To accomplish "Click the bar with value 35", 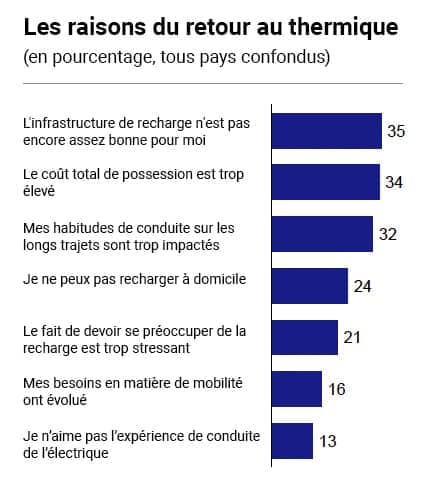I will (x=327, y=131).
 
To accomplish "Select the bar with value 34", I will (x=325, y=182).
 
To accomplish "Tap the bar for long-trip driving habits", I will (x=322, y=234).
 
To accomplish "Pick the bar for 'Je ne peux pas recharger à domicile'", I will (x=310, y=286).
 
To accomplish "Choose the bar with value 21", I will (x=305, y=337).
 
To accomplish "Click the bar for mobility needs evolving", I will (x=297, y=389).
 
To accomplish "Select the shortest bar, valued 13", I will (x=292, y=441).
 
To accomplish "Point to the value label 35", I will (x=396, y=132).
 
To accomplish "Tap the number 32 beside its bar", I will (x=388, y=235).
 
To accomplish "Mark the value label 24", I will (x=363, y=287).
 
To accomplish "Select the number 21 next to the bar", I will (x=352, y=338).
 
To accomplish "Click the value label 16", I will (x=337, y=390).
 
